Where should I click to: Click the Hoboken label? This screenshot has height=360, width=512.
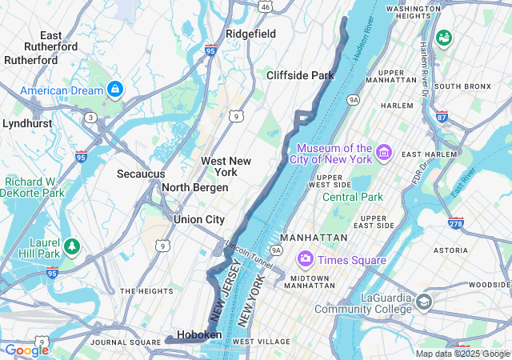(199, 334)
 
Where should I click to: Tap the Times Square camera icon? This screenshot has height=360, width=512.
(305, 260)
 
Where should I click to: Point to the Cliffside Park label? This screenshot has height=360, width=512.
(300, 75)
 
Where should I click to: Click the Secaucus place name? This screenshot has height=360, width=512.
(141, 174)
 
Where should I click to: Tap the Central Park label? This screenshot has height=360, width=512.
(353, 197)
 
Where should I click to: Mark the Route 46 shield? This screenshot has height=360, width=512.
(265, 6)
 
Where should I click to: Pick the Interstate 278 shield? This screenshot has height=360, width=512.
(456, 222)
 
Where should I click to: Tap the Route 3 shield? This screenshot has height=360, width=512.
(91, 118)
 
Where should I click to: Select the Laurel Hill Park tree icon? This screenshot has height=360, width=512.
(72, 245)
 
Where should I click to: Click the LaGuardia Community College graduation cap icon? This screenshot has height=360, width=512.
(423, 302)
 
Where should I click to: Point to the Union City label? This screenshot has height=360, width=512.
(199, 219)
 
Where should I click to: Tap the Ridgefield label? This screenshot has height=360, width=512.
(250, 34)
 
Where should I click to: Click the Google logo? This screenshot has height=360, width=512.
(26, 350)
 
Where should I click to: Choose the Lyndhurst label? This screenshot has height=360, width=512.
(27, 123)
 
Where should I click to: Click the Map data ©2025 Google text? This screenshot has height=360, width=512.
(462, 354)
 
